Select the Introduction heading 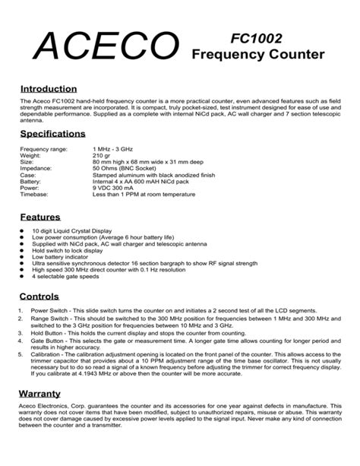click(x=49, y=89)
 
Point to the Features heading click(x=40, y=216)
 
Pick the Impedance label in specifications click(x=36, y=170)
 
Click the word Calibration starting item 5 click(x=47, y=355)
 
